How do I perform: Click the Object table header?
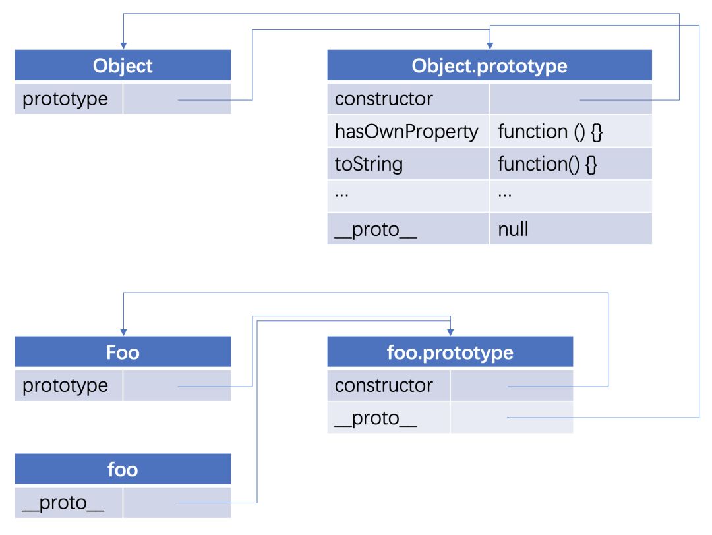tap(123, 66)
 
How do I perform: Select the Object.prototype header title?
tap(489, 66)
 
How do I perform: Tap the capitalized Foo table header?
tap(123, 352)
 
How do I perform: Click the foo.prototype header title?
tap(450, 352)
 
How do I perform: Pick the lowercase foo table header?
tap(123, 469)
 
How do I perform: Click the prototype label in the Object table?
tap(65, 99)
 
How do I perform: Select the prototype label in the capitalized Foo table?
tap(65, 385)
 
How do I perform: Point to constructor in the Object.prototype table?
tap(384, 99)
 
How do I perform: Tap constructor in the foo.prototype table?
tap(384, 385)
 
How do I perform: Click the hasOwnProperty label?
tap(406, 132)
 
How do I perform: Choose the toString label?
tap(369, 164)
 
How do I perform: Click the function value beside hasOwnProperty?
tap(550, 132)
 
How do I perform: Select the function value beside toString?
tap(547, 164)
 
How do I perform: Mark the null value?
tap(513, 229)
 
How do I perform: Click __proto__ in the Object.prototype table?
tap(376, 229)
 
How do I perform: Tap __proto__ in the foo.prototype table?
tap(376, 418)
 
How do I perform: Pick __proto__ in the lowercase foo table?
tap(63, 503)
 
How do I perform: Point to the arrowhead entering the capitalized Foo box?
tap(123, 331)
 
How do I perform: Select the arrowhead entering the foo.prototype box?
tap(450, 331)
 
